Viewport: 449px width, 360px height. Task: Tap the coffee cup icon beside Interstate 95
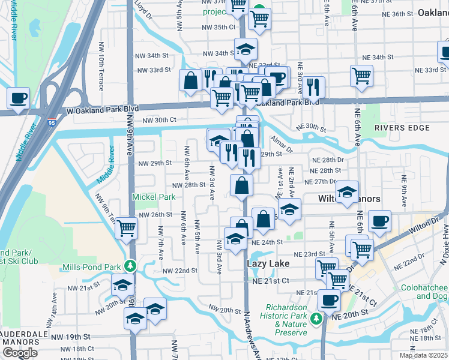18,97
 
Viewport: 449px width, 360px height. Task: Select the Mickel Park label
154,197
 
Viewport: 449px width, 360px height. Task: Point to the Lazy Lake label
268,263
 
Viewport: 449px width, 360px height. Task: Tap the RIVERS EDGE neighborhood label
402,128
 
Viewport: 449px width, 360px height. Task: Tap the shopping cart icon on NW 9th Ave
126,227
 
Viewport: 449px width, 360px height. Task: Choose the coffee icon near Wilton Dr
379,220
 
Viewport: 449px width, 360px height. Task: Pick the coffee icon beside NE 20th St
328,299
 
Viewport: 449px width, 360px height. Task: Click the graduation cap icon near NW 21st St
122,285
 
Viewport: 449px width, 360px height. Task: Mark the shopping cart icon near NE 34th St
361,76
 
